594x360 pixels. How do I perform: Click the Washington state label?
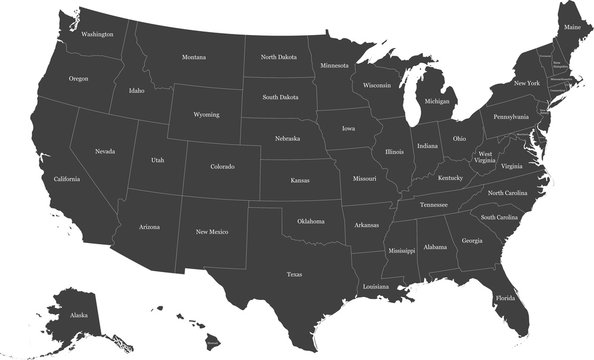coord(97,34)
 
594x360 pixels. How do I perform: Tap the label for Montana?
coord(194,57)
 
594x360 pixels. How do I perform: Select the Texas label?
coord(294,273)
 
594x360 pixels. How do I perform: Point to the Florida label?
coord(506,297)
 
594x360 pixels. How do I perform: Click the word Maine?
coord(571,27)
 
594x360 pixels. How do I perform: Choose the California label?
coord(67,178)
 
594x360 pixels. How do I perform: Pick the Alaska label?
coord(79,314)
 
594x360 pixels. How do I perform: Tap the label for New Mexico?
coord(212,232)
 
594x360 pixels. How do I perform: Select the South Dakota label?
coord(281,97)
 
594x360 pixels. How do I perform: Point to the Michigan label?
coord(437,101)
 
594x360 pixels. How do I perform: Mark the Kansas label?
coord(300,181)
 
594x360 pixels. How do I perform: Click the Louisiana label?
coord(376,286)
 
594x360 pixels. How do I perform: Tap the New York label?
coord(526,83)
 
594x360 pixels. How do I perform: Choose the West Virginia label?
coord(485,157)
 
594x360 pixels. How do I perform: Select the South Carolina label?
coord(499,217)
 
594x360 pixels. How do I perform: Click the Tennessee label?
coord(434,204)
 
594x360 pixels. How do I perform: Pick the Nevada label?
coord(105,151)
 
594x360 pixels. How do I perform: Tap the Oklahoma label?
coord(311,221)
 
